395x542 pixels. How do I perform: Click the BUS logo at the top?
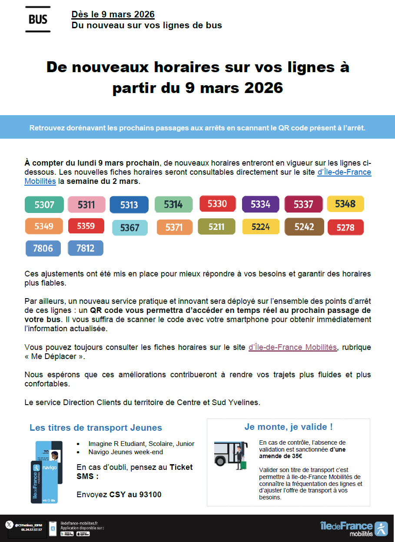pos(38,19)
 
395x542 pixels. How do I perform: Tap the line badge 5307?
pos(44,205)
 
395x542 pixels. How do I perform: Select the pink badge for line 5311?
pos(86,205)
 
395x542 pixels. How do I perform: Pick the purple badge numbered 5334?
pos(261,204)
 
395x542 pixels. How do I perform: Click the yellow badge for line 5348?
pos(345,204)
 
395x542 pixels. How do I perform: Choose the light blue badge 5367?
pos(130,228)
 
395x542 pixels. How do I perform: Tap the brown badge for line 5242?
pos(304,226)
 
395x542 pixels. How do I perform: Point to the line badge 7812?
pos(86,248)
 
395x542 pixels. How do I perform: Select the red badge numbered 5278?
pos(345,227)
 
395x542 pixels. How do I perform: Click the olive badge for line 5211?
pos(216,226)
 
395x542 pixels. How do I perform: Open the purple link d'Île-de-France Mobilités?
pos(292,347)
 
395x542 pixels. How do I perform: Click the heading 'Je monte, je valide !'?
pos(289,427)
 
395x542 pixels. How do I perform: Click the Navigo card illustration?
pos(47,472)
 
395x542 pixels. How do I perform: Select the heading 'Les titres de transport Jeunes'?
pos(96,428)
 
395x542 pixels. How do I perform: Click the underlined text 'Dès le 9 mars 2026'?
pos(113,14)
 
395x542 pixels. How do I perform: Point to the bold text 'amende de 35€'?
pos(281,456)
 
